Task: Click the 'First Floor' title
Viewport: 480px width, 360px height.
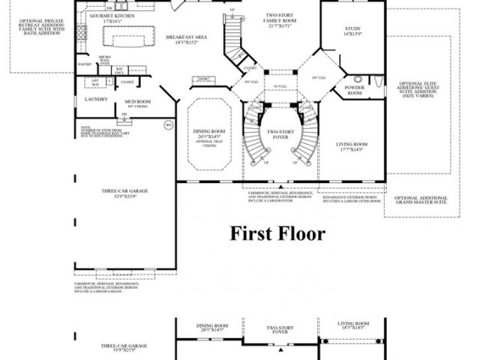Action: pyautogui.click(x=277, y=234)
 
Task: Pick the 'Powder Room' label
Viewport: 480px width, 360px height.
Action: pyautogui.click(x=354, y=90)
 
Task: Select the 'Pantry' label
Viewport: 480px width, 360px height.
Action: pyautogui.click(x=85, y=65)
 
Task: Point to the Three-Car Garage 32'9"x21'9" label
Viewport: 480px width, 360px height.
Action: pyautogui.click(x=124, y=193)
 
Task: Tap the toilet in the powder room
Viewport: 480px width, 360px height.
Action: pyautogui.click(x=358, y=79)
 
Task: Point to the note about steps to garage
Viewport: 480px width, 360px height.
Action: pyautogui.click(x=96, y=133)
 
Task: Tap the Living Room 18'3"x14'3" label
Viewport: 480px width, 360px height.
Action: pyautogui.click(x=354, y=327)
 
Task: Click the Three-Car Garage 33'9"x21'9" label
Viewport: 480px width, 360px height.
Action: pyautogui.click(x=124, y=348)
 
